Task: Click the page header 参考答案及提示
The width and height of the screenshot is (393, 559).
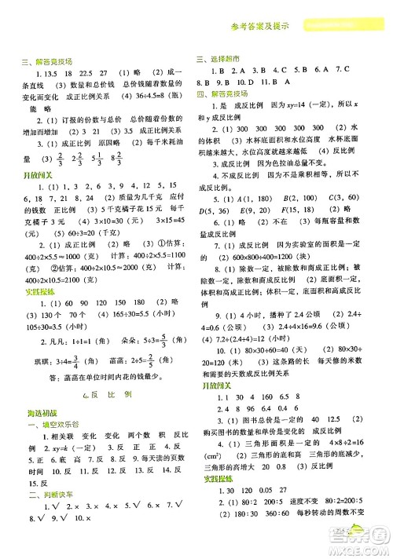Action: click(263, 26)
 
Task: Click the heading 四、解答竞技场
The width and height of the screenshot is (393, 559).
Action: click(221, 93)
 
